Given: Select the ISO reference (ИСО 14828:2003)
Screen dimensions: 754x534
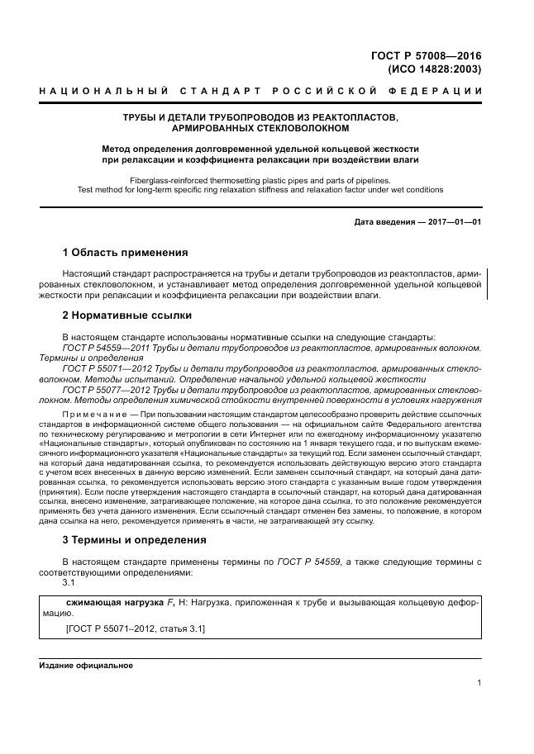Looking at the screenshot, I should point(435,69).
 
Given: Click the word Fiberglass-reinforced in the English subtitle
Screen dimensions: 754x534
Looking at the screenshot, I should point(171,179).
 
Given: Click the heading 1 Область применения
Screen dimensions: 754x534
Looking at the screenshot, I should point(125,253).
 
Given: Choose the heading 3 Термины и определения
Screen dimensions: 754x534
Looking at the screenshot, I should point(136,540).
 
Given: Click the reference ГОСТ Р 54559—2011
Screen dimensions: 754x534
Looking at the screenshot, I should point(104,349).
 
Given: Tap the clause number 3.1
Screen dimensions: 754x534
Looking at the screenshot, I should point(69,581).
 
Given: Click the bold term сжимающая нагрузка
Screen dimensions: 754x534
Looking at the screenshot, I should point(103,603).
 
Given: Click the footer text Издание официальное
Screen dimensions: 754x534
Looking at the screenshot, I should point(86,665).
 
